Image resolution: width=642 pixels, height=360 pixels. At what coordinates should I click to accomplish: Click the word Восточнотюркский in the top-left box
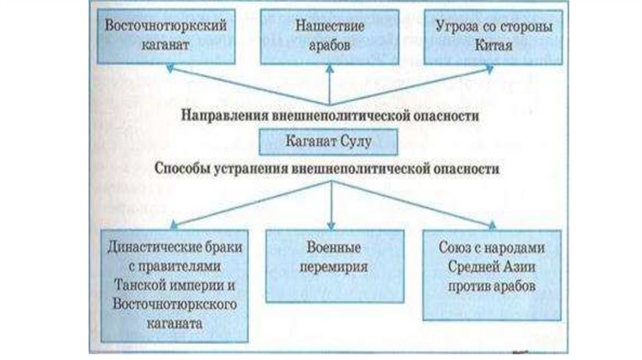[165, 28]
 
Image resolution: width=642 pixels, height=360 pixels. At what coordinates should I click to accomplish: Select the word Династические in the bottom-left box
[155, 246]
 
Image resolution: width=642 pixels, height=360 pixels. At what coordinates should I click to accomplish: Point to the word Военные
[331, 246]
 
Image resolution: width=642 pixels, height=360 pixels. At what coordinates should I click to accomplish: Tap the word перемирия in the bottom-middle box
[330, 265]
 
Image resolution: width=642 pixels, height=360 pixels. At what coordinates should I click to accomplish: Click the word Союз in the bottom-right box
[456, 246]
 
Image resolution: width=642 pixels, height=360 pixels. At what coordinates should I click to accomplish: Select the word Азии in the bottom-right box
[520, 266]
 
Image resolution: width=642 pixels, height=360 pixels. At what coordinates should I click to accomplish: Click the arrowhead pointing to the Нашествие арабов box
[330, 68]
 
